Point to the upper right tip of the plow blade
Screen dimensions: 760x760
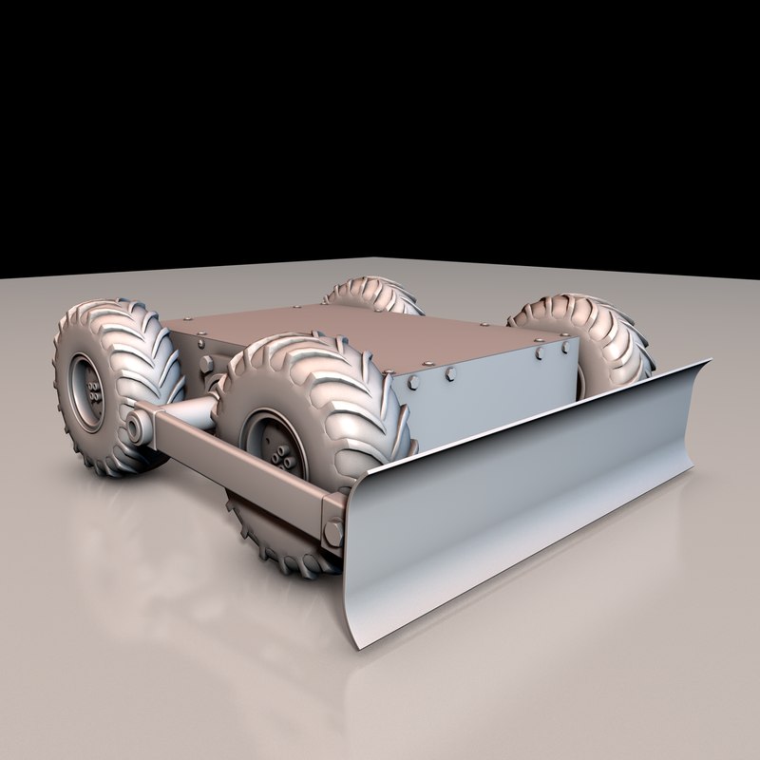pyautogui.click(x=710, y=362)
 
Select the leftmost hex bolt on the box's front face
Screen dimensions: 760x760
pyautogui.click(x=415, y=381)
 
